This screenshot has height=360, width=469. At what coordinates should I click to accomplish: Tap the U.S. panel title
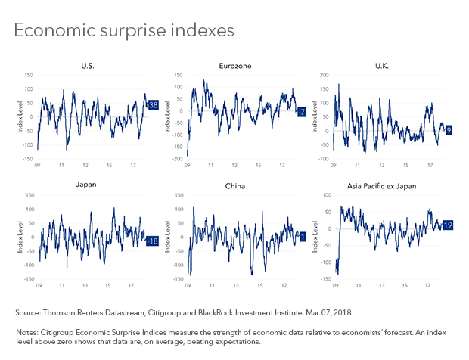(x=88, y=67)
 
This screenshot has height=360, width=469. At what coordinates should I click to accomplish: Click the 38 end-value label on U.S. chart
(x=152, y=105)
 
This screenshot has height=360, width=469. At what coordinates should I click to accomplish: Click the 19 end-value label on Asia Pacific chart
(x=448, y=225)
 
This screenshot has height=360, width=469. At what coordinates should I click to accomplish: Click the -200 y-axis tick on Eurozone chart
(x=178, y=160)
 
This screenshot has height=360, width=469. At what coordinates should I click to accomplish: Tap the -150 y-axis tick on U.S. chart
(x=28, y=160)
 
